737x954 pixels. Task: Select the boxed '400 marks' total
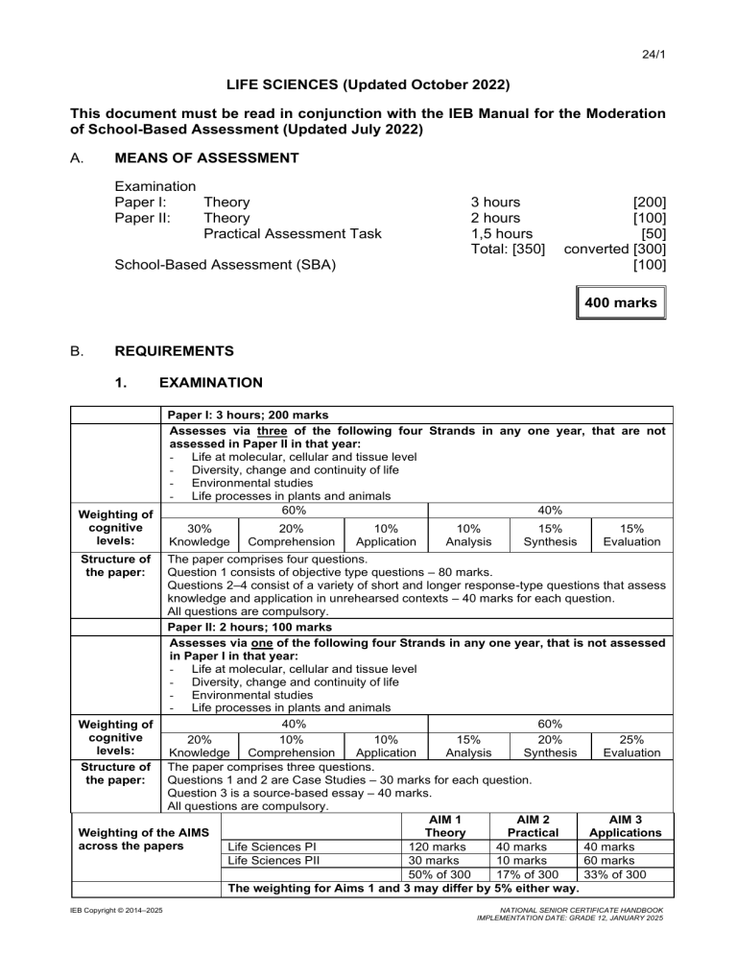[619, 303]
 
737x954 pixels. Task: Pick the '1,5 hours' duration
[502, 233]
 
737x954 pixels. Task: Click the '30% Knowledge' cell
[199, 535]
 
